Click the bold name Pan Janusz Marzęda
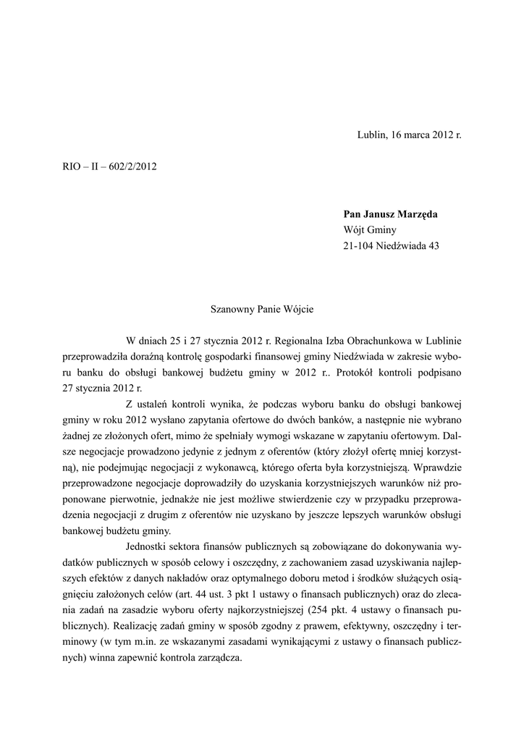tap(391, 214)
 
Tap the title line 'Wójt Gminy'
tap(368, 230)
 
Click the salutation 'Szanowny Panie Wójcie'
tap(262, 308)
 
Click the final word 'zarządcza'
tap(215, 658)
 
